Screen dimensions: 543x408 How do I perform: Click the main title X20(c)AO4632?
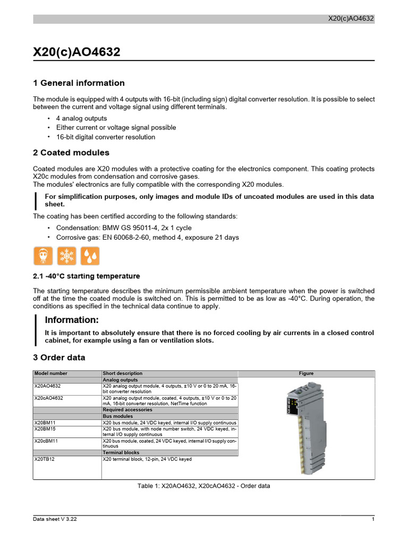(x=76, y=52)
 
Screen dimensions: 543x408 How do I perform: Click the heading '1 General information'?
(x=79, y=83)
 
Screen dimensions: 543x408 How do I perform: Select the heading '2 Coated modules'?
(x=71, y=153)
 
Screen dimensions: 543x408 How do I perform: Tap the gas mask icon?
(x=42, y=256)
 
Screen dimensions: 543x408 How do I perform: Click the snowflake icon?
(x=66, y=256)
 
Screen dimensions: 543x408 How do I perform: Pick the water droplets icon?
(x=90, y=256)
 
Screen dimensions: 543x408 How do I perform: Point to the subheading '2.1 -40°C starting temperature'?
(x=87, y=276)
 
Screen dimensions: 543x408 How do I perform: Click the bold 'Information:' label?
(x=72, y=320)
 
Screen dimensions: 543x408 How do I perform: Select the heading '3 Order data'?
(x=59, y=358)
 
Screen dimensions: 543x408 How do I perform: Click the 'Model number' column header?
(x=51, y=373)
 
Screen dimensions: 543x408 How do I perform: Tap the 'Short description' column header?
(x=123, y=373)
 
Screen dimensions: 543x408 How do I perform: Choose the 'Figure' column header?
(x=306, y=373)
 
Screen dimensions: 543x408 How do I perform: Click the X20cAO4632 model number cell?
(x=49, y=398)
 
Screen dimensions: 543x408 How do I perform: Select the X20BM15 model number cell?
(x=45, y=428)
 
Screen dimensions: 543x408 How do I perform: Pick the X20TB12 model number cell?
(x=45, y=459)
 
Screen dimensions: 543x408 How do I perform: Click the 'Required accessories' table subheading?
(x=127, y=410)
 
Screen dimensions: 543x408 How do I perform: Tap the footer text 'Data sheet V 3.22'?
(x=55, y=519)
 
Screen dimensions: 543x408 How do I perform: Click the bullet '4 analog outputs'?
(x=81, y=118)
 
